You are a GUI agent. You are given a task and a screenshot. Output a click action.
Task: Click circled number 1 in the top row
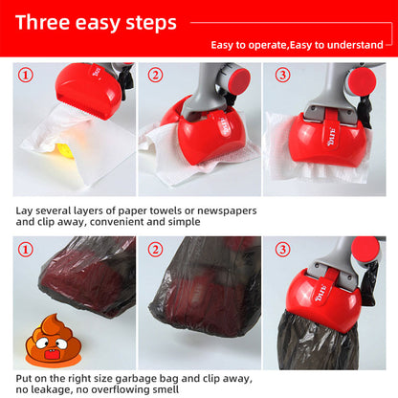26,75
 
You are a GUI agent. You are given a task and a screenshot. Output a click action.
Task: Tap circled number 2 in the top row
155,75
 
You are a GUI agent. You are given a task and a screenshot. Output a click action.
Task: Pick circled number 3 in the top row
282,75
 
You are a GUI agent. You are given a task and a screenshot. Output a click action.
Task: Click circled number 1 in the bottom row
26,251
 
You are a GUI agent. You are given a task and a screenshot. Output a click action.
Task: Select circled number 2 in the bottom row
155,251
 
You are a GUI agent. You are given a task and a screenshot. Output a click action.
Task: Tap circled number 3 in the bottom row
282,251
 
